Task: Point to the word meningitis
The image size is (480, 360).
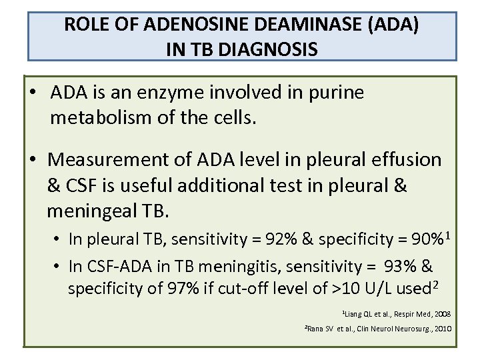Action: [x=233, y=267]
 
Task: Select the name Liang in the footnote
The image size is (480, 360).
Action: [x=353, y=313]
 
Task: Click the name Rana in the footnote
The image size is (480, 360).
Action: [x=316, y=329]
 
